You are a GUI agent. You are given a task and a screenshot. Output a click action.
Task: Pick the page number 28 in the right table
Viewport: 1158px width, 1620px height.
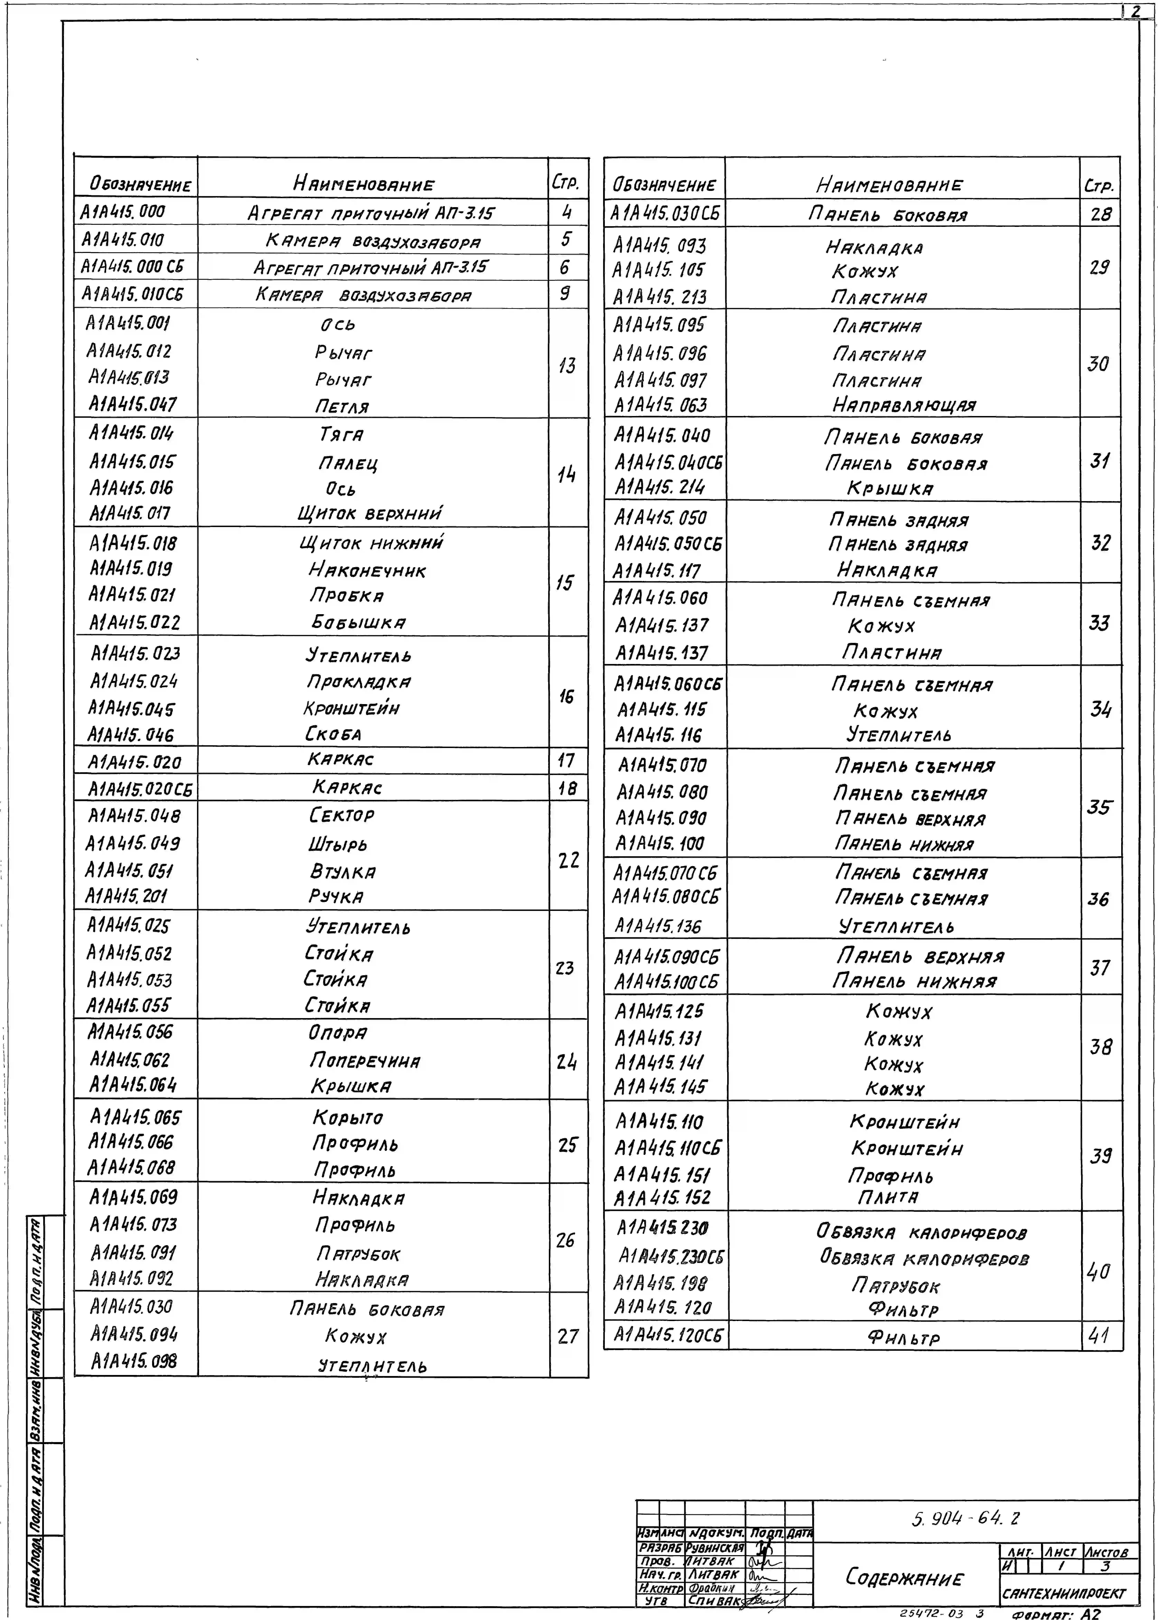[1100, 214]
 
